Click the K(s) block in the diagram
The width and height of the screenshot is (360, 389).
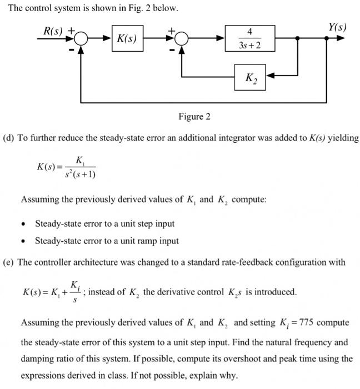pos(127,39)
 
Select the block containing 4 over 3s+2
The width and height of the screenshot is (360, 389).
pos(251,39)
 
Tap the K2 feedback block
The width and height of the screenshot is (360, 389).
pos(251,77)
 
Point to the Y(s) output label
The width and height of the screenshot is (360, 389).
pos(337,27)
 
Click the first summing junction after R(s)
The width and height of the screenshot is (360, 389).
pos(82,39)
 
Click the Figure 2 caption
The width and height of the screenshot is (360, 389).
pos(194,116)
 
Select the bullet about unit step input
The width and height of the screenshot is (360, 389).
pos(104,223)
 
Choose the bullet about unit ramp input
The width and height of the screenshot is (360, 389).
pos(107,241)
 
